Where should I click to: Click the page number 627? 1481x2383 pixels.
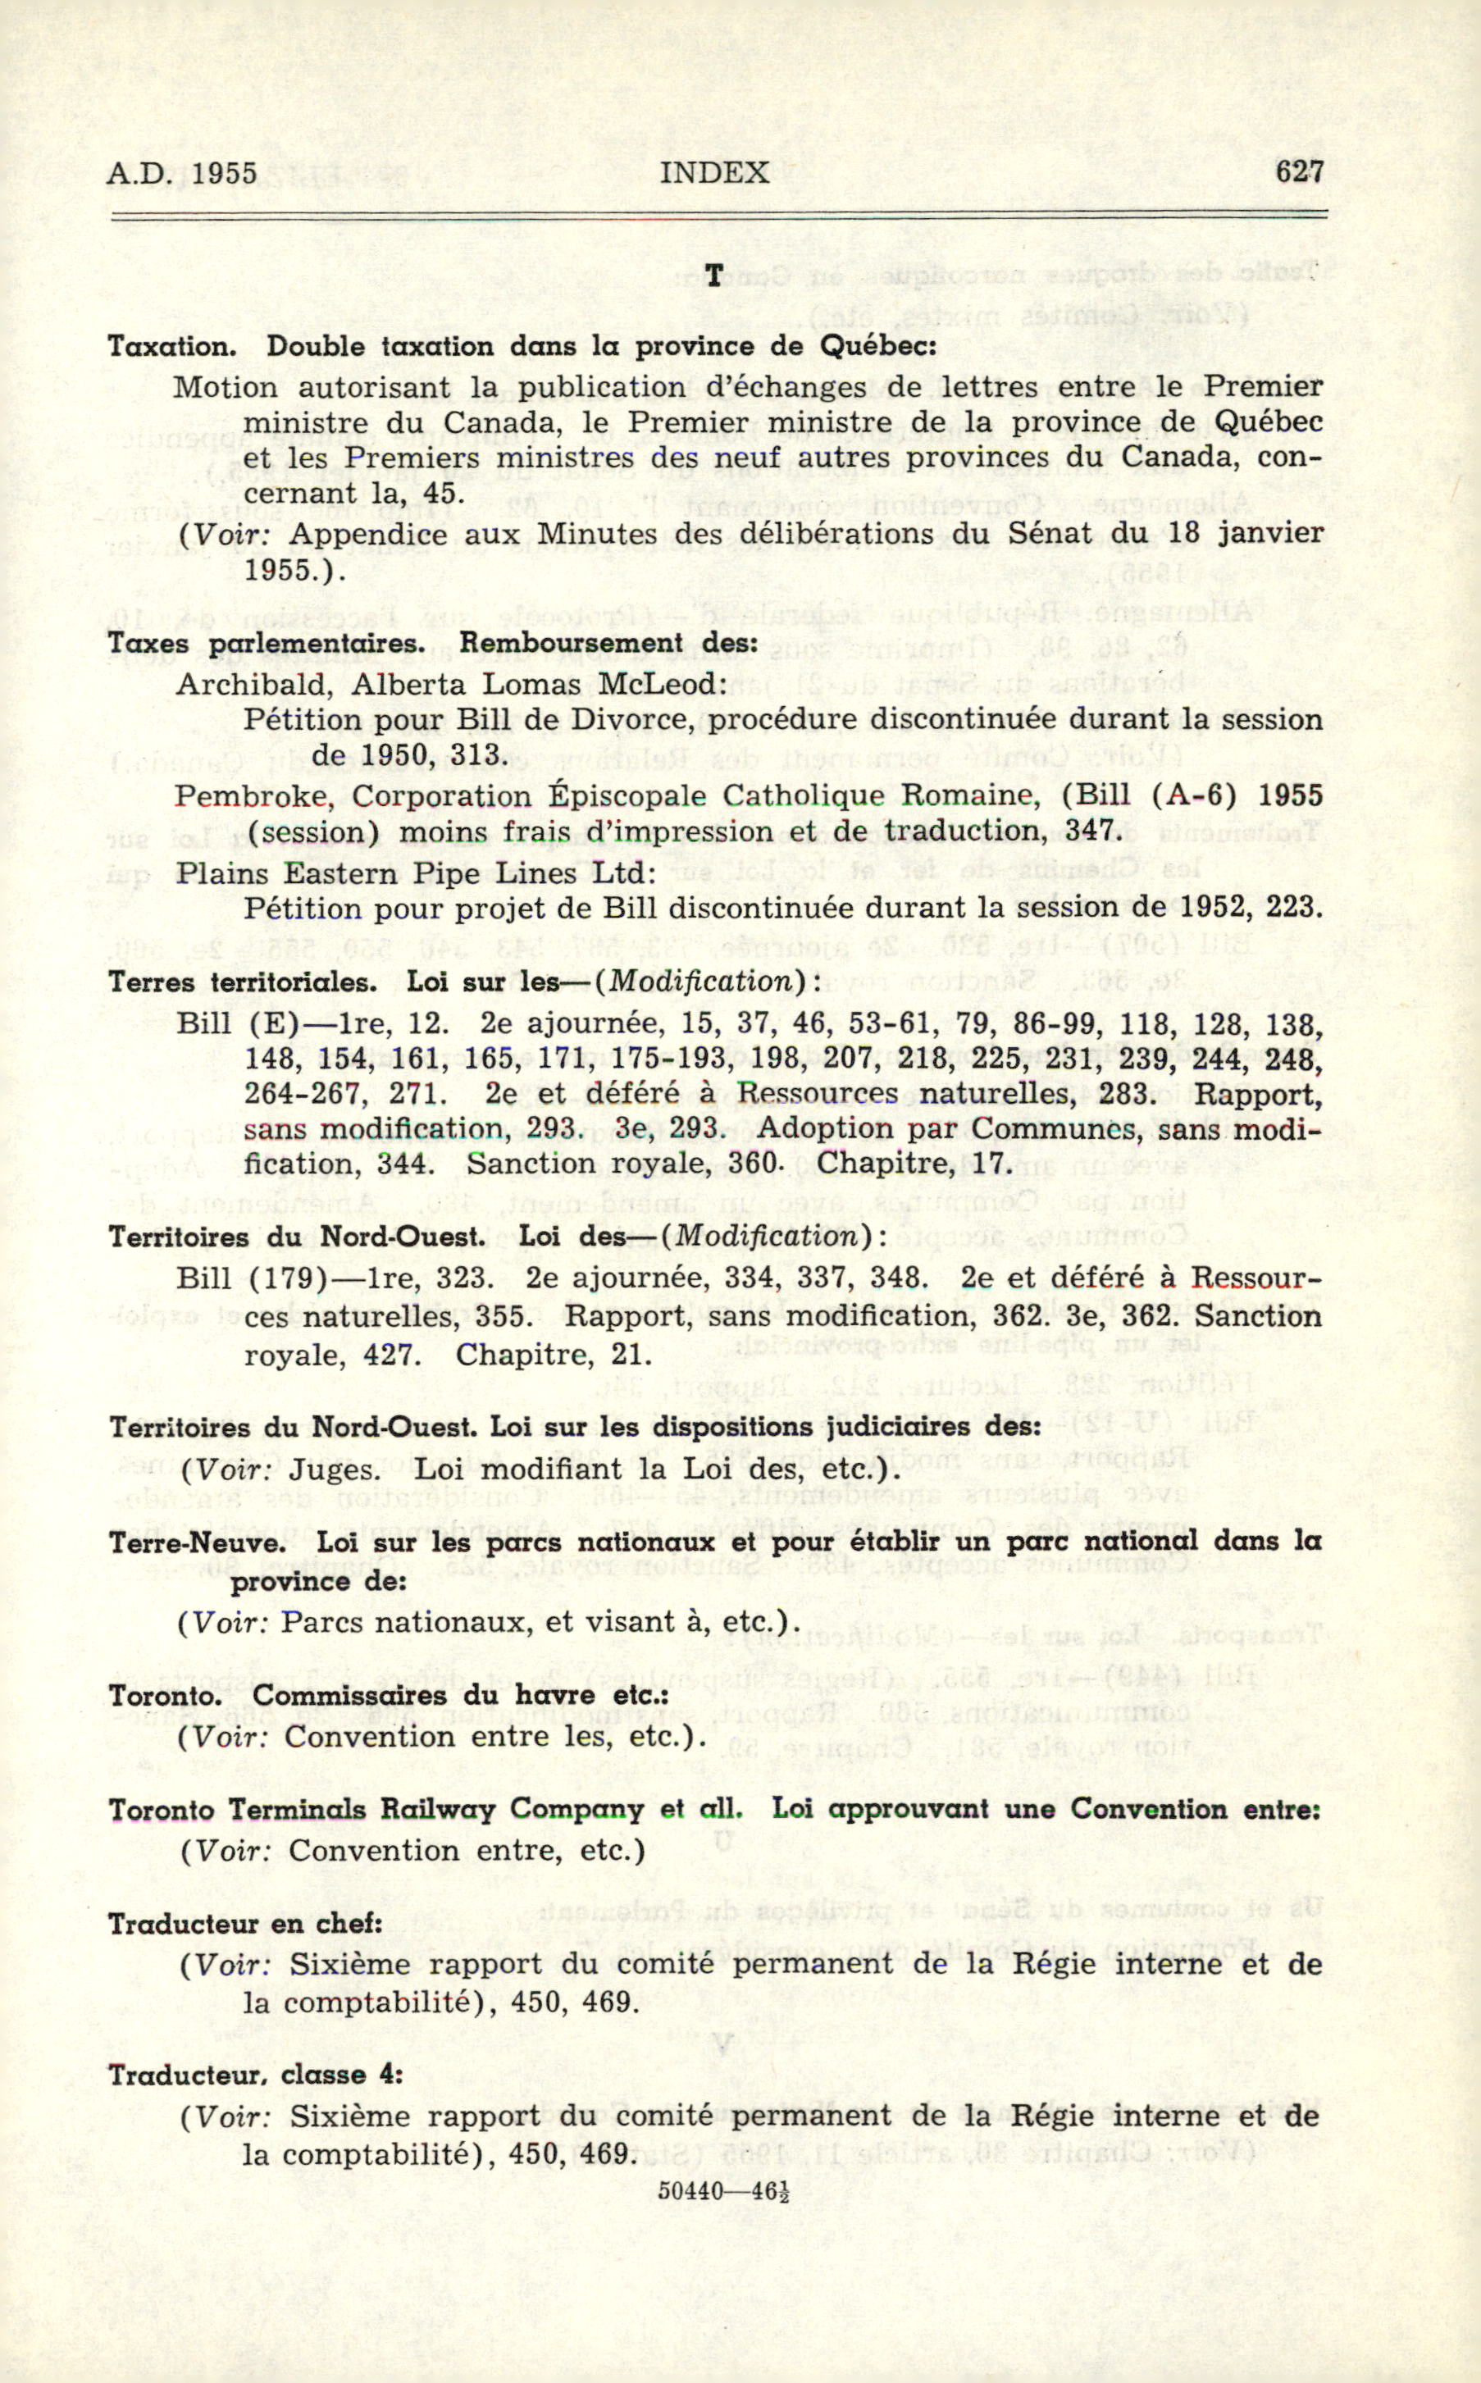click(x=1299, y=172)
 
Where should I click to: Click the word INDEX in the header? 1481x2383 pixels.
click(x=714, y=173)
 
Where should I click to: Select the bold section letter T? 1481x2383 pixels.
click(x=714, y=277)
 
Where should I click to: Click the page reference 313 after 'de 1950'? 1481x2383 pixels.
click(x=479, y=755)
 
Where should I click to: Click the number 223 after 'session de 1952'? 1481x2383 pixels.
click(x=1293, y=908)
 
